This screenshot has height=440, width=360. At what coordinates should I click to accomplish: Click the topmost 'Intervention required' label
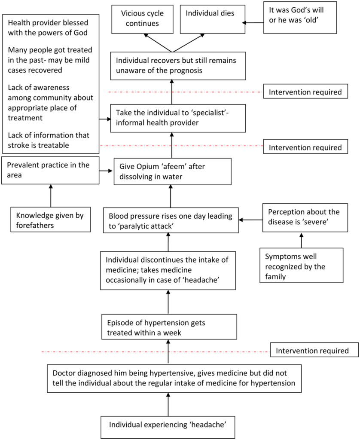click(x=305, y=92)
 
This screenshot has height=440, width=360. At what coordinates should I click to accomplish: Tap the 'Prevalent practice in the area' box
click(x=50, y=171)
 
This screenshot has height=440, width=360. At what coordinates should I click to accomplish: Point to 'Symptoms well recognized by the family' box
click(x=301, y=266)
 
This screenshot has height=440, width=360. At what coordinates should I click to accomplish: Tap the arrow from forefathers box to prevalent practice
click(x=51, y=196)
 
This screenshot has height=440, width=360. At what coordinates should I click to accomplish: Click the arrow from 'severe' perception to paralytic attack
click(x=250, y=220)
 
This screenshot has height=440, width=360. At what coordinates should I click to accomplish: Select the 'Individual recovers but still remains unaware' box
click(x=172, y=65)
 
